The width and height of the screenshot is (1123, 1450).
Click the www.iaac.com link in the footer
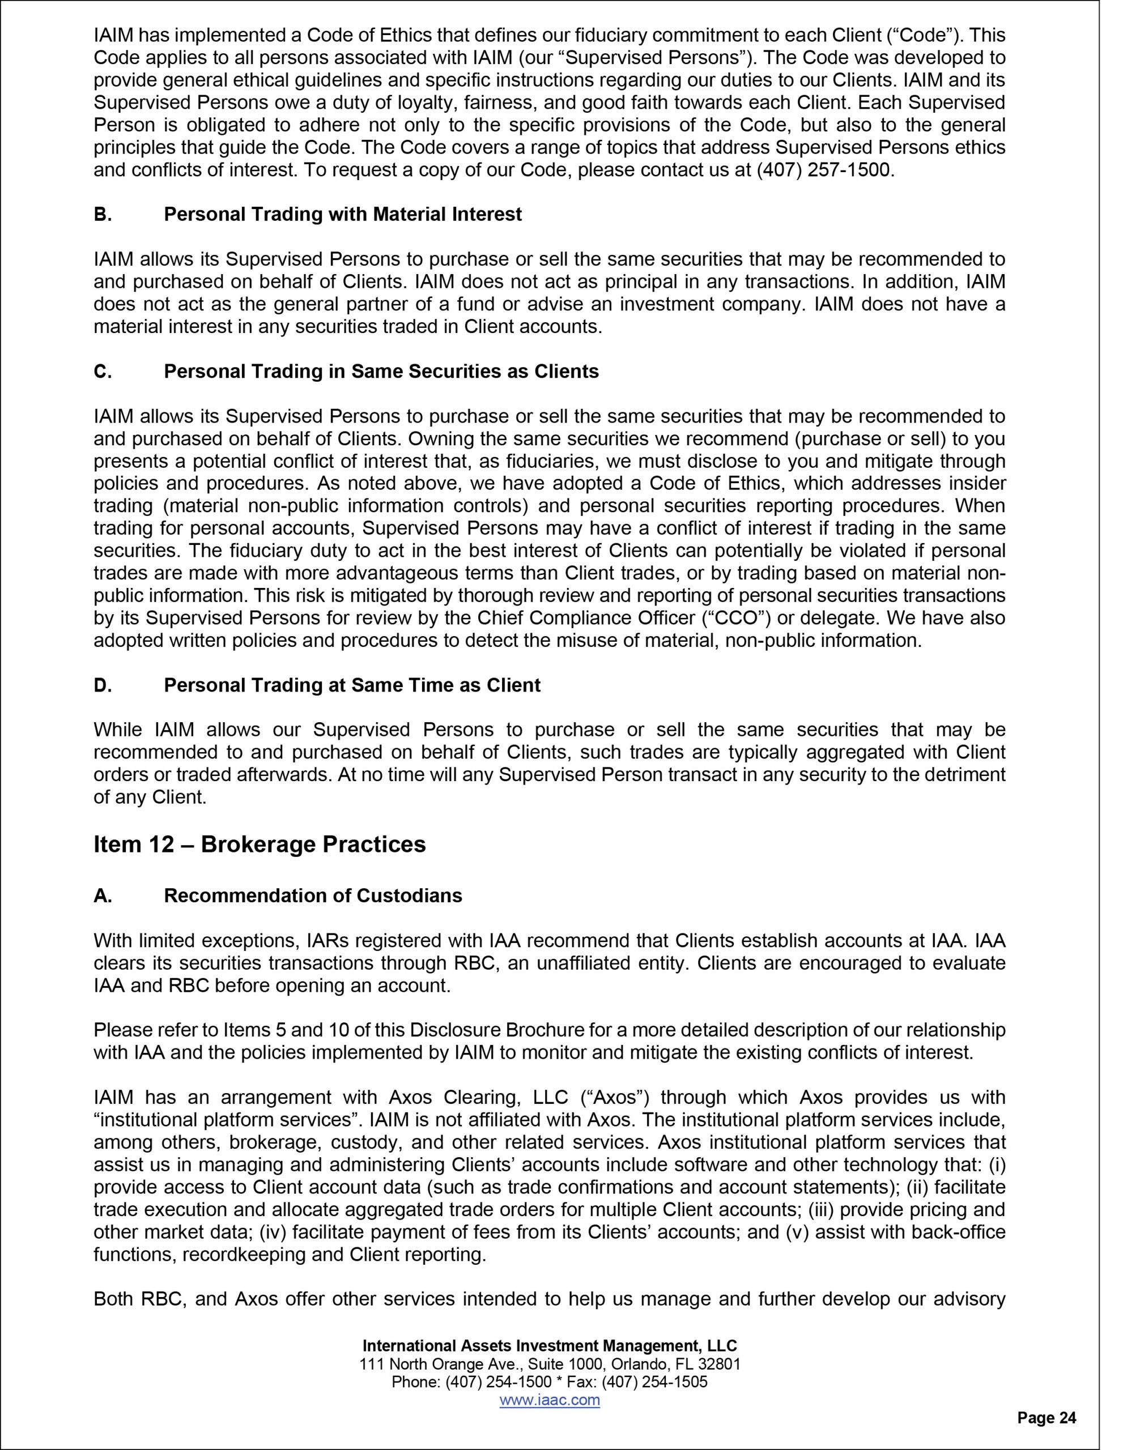(549, 1400)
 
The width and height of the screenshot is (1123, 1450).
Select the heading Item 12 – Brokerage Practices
(260, 845)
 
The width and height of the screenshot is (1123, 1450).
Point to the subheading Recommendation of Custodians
(313, 895)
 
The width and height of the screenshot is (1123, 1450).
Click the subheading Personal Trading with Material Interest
(343, 215)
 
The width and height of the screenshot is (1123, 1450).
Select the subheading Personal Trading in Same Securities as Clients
(381, 371)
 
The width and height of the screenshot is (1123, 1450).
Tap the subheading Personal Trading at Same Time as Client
(352, 685)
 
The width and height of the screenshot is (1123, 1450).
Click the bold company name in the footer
(549, 1346)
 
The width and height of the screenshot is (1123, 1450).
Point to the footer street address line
(549, 1364)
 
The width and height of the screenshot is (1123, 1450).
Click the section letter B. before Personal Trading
(103, 215)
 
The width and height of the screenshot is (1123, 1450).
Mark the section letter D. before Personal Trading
(103, 685)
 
